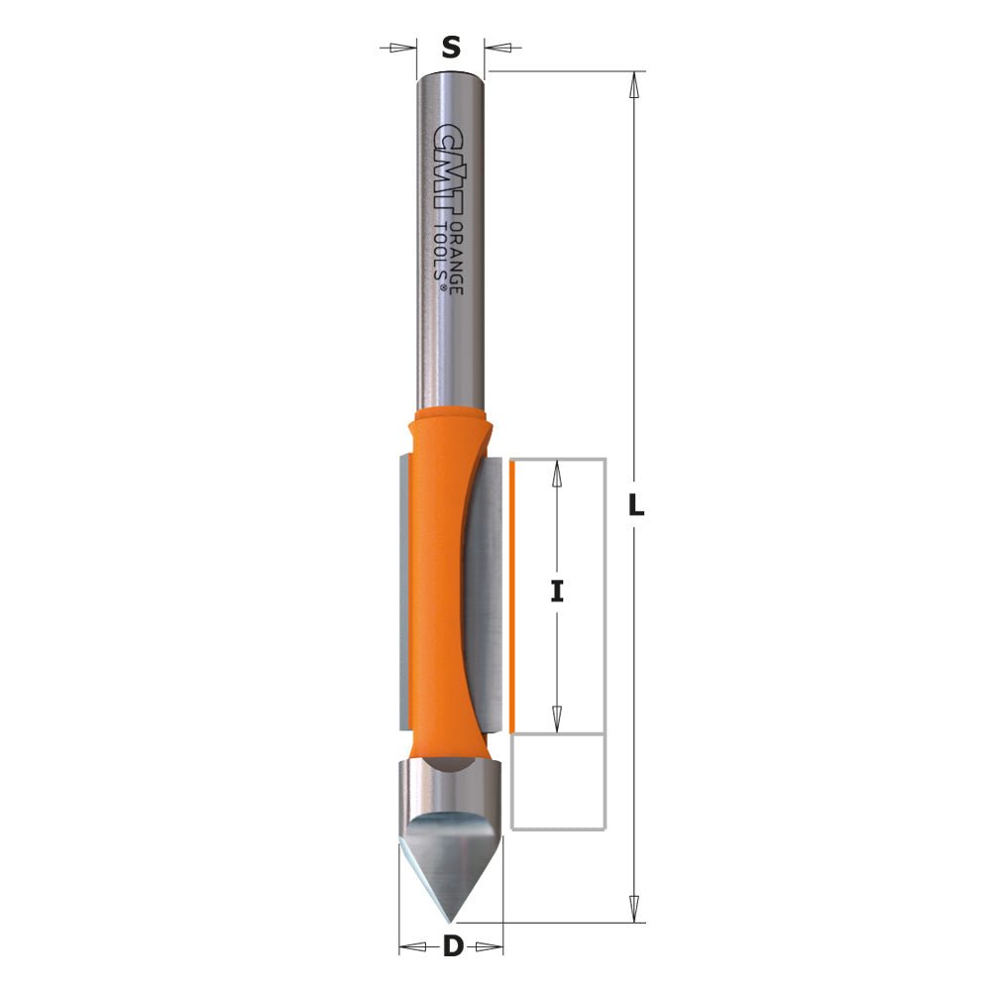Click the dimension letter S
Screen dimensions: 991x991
[x=451, y=47]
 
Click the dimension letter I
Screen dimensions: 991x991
[x=557, y=592]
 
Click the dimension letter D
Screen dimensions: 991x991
[x=452, y=946]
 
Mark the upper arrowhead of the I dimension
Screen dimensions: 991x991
[x=557, y=473]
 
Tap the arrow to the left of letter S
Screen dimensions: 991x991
[x=399, y=47]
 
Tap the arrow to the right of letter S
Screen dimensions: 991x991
[x=503, y=47]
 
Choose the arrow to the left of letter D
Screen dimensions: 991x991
[x=413, y=947]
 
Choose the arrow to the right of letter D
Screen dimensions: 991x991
[x=489, y=947]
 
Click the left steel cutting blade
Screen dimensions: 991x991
[x=402, y=585]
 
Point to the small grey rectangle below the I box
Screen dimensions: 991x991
[x=557, y=782]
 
